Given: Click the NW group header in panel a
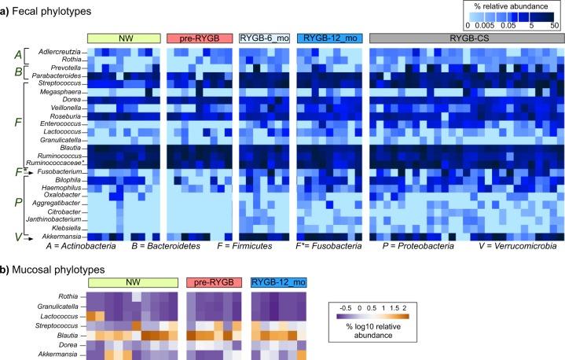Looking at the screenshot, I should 123,39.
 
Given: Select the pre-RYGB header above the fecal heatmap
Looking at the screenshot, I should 199,39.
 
